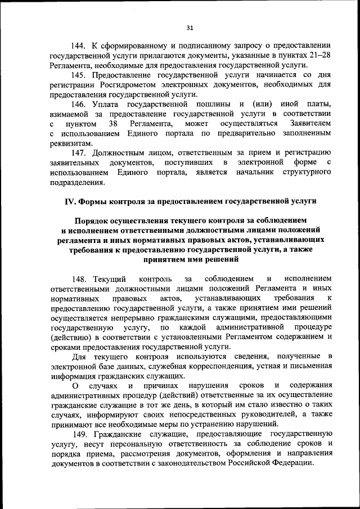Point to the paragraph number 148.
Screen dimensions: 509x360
coord(80,279)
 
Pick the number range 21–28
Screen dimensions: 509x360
coord(317,54)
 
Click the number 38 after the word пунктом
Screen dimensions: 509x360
coord(113,124)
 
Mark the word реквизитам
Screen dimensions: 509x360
coord(70,143)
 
